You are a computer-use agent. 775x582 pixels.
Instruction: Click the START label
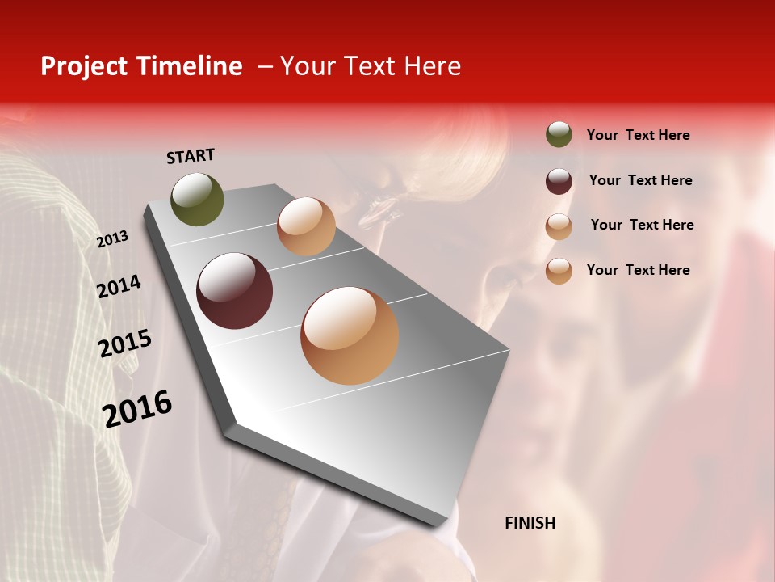point(191,156)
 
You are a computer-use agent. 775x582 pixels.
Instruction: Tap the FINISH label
point(530,523)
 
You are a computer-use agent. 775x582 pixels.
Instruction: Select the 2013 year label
point(112,239)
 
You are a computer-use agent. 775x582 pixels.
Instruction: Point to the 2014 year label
point(119,286)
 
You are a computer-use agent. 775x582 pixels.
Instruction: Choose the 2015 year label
point(125,344)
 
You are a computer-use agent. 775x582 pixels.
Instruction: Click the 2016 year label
point(137,408)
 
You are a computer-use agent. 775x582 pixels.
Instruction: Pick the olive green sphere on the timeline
point(197,199)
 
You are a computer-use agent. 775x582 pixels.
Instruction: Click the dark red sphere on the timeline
point(234,291)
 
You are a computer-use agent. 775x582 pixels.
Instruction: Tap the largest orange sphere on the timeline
point(350,335)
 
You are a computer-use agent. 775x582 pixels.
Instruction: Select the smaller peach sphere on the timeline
point(306,226)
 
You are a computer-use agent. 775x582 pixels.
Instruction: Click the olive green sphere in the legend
point(559,134)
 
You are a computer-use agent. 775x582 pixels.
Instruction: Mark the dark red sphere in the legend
point(559,181)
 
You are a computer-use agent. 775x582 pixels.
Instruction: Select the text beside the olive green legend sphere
point(638,135)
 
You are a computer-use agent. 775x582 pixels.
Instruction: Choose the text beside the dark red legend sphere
point(640,180)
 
